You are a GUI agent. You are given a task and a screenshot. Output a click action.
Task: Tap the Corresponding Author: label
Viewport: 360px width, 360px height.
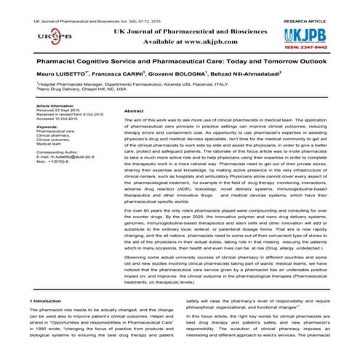coord(60,156)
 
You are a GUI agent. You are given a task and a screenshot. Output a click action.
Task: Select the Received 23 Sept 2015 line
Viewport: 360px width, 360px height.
coord(57,111)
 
